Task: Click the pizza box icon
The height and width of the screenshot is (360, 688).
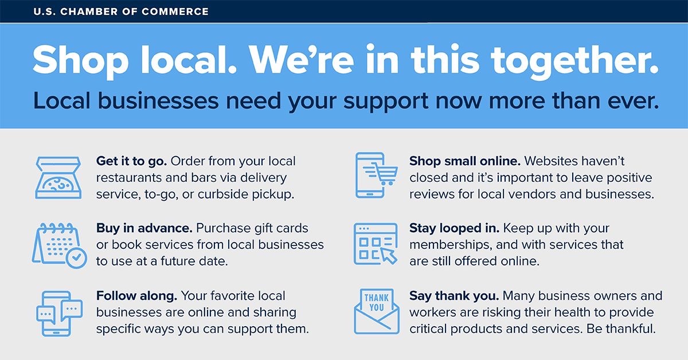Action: click(x=58, y=178)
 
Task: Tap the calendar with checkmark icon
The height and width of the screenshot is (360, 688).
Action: click(x=59, y=245)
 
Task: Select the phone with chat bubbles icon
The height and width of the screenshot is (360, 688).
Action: click(x=59, y=314)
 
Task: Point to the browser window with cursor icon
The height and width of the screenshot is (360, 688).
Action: click(x=376, y=244)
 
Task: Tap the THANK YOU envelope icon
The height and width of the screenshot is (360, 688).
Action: click(x=377, y=311)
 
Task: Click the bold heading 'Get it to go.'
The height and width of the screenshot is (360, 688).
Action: click(x=131, y=161)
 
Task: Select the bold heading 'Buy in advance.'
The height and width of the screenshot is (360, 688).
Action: click(x=144, y=228)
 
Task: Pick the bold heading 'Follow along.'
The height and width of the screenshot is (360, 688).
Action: click(x=136, y=296)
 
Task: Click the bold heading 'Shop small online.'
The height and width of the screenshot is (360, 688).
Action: click(x=465, y=161)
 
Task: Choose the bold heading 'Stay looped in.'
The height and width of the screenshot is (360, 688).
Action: click(x=454, y=228)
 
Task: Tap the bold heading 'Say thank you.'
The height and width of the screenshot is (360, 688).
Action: click(x=454, y=296)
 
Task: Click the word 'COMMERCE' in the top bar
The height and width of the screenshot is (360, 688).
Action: click(x=175, y=11)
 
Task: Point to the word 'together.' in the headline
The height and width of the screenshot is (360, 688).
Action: click(x=574, y=60)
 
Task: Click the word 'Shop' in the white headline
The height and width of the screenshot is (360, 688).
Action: click(x=80, y=61)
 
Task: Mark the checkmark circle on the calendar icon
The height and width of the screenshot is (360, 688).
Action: click(x=76, y=259)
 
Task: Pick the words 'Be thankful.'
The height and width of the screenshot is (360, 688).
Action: click(x=621, y=329)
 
